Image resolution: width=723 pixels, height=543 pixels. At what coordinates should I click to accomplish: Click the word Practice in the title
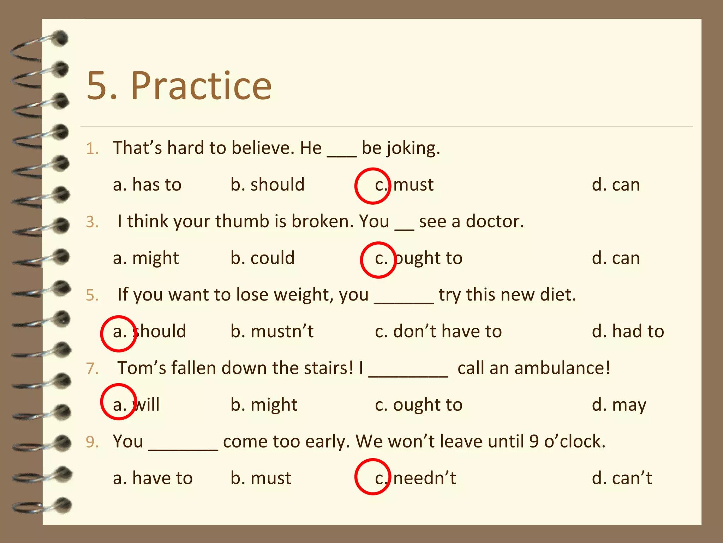click(201, 86)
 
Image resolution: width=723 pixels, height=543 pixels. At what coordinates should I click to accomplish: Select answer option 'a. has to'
click(147, 185)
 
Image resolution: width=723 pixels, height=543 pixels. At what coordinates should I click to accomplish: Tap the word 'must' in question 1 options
click(413, 185)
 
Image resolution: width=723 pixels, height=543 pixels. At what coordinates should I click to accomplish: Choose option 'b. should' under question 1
click(267, 185)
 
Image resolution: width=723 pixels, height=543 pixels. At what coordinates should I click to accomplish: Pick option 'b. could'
click(262, 258)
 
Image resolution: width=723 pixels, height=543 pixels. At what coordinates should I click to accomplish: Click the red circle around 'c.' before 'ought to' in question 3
click(378, 260)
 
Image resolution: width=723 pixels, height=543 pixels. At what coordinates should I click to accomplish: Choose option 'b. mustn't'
click(272, 332)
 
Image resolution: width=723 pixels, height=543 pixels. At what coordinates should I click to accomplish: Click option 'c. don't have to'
click(438, 332)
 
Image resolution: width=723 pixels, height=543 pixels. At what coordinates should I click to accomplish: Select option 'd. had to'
click(628, 332)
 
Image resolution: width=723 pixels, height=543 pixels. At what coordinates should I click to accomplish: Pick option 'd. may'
click(619, 405)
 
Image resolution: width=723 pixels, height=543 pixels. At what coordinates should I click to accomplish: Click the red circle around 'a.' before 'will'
click(119, 402)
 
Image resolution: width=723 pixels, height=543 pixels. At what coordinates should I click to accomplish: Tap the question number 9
click(92, 442)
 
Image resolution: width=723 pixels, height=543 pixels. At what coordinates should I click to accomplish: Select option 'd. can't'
click(622, 478)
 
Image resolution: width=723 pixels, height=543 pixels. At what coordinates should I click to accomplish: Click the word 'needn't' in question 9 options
click(425, 478)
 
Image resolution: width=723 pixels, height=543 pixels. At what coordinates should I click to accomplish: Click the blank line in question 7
click(408, 375)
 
